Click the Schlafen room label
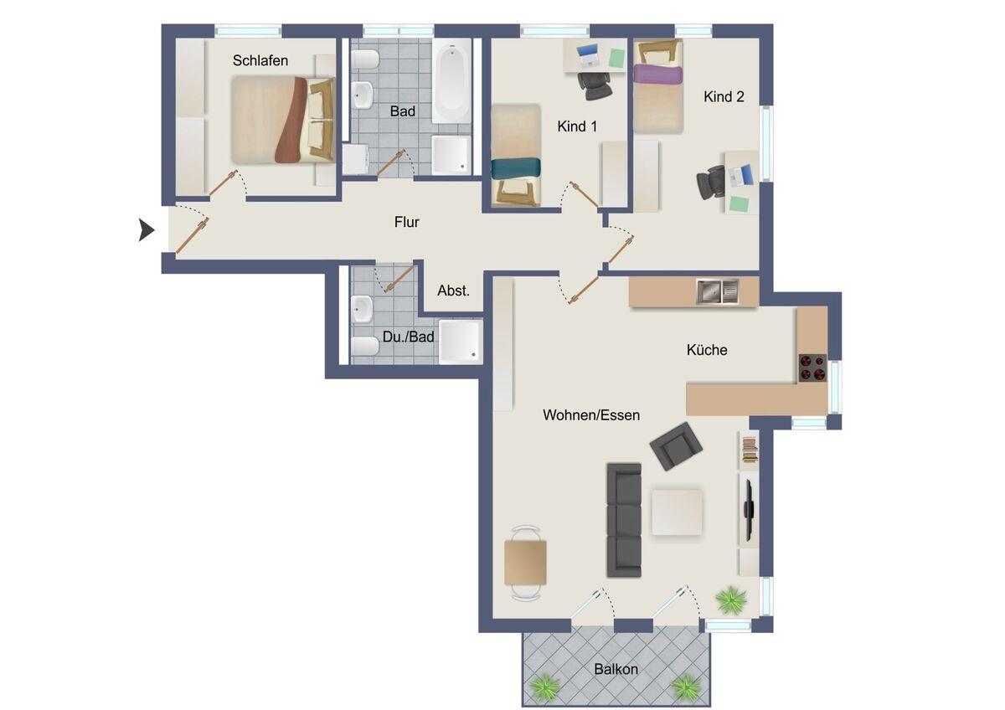(x=260, y=60)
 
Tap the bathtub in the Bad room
(x=451, y=81)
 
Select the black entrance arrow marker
(x=147, y=230)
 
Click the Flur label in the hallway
(x=406, y=222)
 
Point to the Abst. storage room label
(x=453, y=291)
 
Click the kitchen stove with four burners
(x=812, y=368)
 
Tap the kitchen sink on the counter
(x=717, y=291)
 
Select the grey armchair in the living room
(x=676, y=445)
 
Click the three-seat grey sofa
(x=624, y=520)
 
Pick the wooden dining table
(x=525, y=563)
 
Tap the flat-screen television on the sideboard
(x=749, y=511)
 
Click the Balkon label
(x=616, y=669)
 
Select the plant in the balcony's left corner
(x=545, y=687)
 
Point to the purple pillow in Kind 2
(x=657, y=75)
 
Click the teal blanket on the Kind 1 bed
(x=516, y=168)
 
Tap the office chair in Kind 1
(x=595, y=86)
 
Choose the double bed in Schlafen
(x=283, y=120)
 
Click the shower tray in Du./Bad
(x=461, y=342)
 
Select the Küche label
(x=707, y=350)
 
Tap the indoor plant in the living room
(x=731, y=600)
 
